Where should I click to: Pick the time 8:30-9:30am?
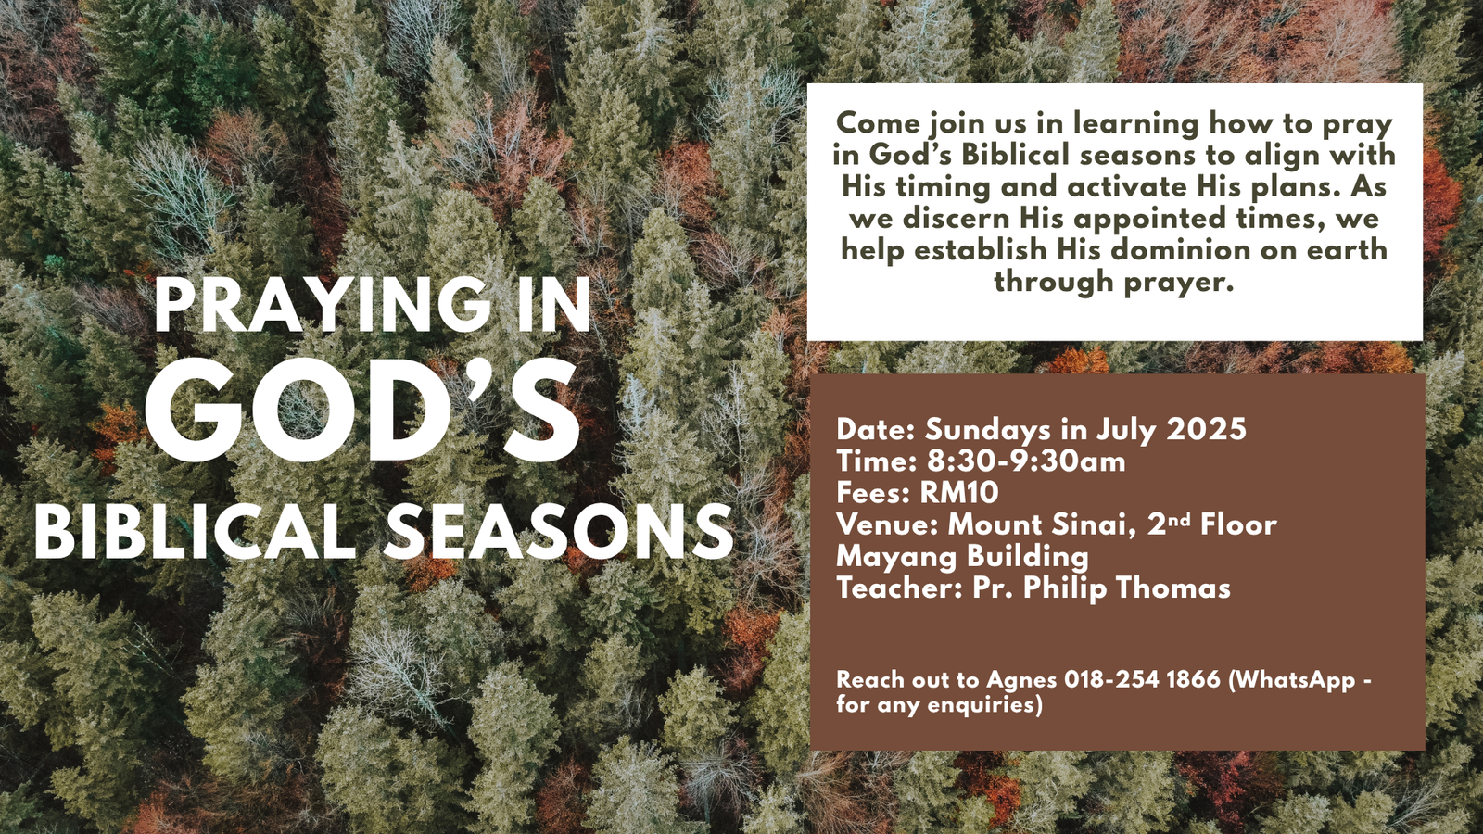(1026, 461)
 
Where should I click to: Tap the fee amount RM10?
(959, 492)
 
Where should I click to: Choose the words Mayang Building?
(963, 557)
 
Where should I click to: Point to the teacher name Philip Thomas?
(1127, 588)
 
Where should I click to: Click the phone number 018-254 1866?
(1142, 679)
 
